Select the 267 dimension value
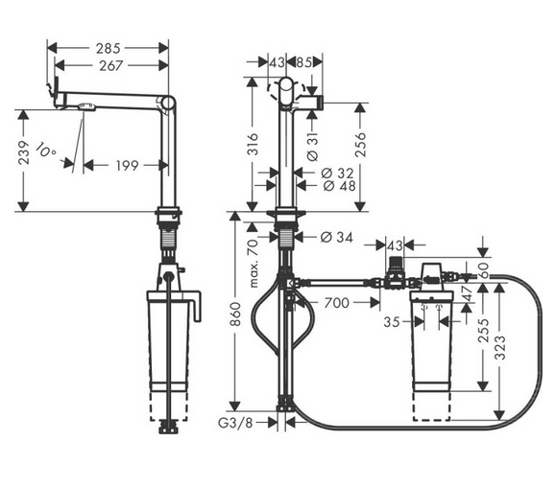point(108,65)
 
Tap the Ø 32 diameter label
point(327,173)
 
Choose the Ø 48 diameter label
point(327,186)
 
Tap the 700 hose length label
point(335,303)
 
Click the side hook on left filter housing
point(200,309)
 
